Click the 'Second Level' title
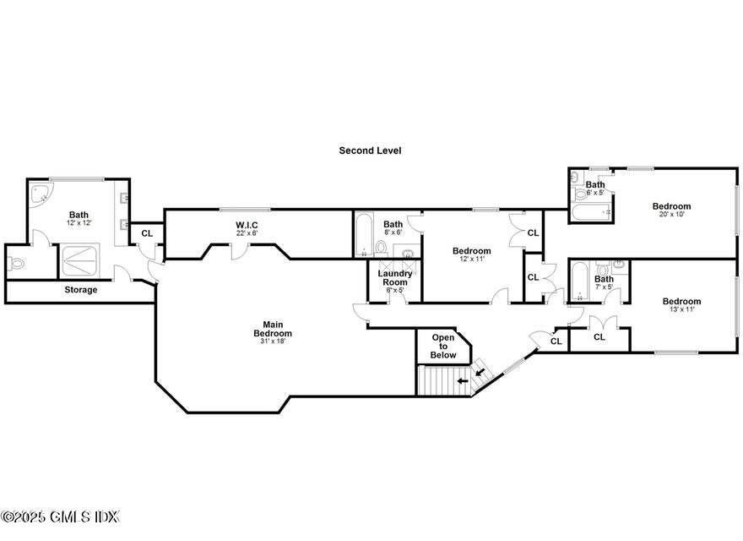point(370,150)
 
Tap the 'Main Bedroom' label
point(272,329)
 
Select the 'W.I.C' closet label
point(247,225)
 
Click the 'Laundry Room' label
point(395,277)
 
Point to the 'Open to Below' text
point(443,345)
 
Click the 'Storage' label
point(81,290)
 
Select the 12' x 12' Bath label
point(79,215)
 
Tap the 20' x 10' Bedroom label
point(671,206)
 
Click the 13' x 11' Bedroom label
point(681,302)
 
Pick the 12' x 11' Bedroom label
point(471,251)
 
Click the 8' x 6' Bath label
point(393,225)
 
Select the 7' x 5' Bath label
point(604,279)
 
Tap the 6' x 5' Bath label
point(595,185)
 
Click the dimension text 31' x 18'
point(272,342)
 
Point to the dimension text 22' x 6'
point(247,233)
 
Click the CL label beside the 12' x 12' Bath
point(147,233)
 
